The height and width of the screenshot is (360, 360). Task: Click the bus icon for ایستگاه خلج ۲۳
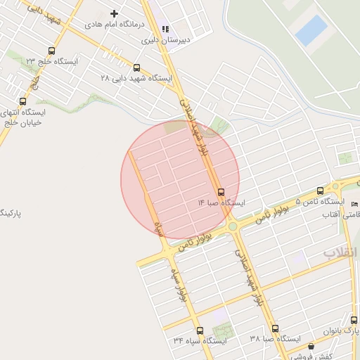51,51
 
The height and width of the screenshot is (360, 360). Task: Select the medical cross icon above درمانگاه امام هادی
115,13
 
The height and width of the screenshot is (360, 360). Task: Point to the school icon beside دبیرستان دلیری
165,30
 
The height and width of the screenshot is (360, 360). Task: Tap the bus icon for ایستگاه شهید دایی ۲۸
136,68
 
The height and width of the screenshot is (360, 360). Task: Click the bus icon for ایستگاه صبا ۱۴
221,192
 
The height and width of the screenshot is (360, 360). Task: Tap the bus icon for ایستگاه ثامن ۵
321,191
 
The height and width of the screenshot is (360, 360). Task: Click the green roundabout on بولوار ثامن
232,226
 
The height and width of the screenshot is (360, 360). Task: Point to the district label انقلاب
340,252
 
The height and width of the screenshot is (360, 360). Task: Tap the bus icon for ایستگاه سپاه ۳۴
200,330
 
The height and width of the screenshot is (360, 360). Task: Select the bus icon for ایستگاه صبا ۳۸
275,328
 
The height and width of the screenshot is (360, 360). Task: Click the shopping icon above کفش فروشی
311,346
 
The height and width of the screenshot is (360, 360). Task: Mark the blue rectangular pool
311,30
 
